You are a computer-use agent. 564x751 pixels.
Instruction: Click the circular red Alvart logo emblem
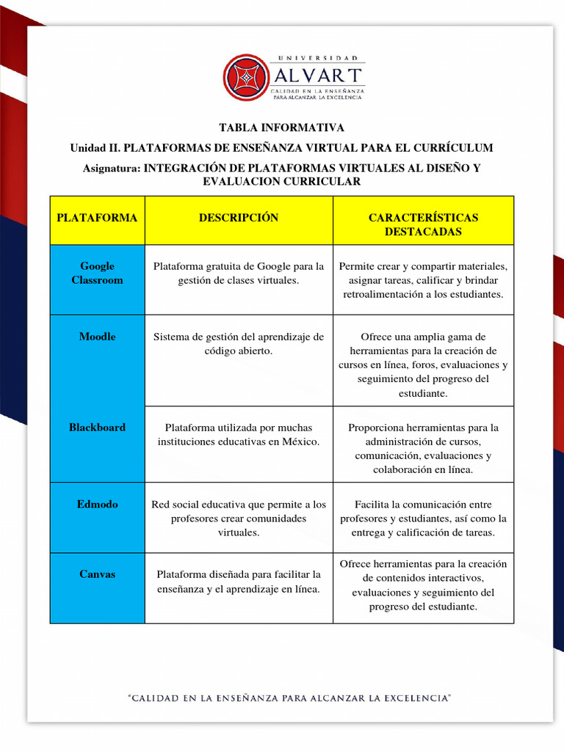[247, 77]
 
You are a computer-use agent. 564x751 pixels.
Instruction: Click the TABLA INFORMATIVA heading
[281, 128]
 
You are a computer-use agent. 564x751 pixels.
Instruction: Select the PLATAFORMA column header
[97, 218]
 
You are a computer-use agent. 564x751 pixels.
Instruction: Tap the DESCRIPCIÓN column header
[239, 218]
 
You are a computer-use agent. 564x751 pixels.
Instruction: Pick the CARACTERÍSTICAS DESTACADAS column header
[423, 224]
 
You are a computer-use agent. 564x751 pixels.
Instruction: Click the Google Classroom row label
[97, 273]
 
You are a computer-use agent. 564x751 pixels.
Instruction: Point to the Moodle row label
[97, 337]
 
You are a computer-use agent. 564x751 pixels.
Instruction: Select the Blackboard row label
[97, 428]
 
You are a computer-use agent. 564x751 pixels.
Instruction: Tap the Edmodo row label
[97, 505]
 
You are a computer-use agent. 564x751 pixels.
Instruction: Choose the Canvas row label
[97, 574]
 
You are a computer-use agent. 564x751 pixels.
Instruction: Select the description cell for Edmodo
[239, 519]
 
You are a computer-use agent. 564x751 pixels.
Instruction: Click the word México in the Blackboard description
[300, 442]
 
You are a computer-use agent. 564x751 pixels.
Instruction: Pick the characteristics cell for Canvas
[423, 585]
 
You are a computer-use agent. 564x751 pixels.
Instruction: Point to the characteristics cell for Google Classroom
[423, 280]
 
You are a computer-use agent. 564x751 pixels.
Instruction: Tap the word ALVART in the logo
[317, 75]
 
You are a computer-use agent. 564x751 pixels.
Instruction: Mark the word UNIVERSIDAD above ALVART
[317, 57]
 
